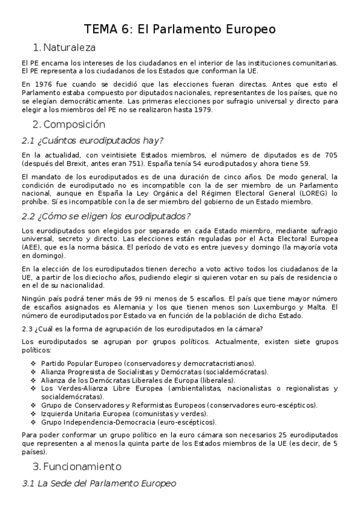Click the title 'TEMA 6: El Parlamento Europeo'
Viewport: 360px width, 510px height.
point(180,29)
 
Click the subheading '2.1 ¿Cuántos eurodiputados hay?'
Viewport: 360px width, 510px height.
point(92,141)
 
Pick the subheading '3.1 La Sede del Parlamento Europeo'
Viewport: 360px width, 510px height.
point(99,483)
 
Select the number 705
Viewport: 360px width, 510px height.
point(331,155)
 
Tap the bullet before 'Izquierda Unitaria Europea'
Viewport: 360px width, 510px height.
point(33,413)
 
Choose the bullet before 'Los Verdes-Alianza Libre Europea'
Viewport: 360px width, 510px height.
point(33,388)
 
